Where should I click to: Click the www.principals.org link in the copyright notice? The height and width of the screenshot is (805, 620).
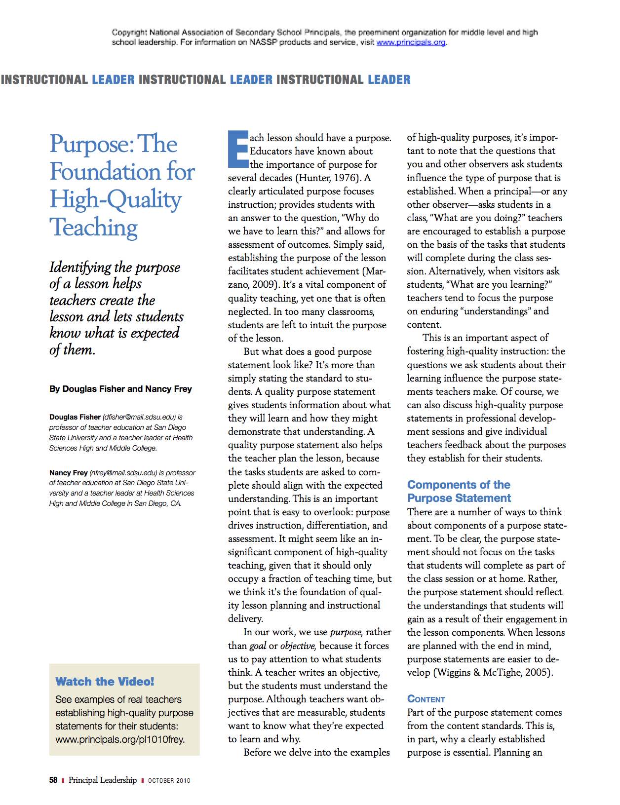point(411,42)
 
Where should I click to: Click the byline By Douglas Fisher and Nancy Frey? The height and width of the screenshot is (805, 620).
point(120,389)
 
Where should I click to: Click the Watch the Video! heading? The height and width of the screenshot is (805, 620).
point(105,682)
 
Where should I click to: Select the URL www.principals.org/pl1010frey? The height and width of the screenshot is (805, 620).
point(120,739)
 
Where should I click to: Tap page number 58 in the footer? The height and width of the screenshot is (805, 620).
point(53,780)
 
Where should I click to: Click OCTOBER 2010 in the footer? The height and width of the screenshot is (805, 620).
point(169,781)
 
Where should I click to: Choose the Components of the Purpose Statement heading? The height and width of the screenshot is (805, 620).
point(459,491)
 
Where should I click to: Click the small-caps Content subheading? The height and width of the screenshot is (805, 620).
point(426,699)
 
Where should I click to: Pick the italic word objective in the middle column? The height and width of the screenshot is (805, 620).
point(297,646)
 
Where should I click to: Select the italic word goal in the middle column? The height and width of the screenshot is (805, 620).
point(258,646)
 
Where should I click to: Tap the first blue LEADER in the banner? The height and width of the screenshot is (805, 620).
point(113,80)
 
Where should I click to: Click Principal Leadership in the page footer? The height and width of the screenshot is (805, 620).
point(103,780)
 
